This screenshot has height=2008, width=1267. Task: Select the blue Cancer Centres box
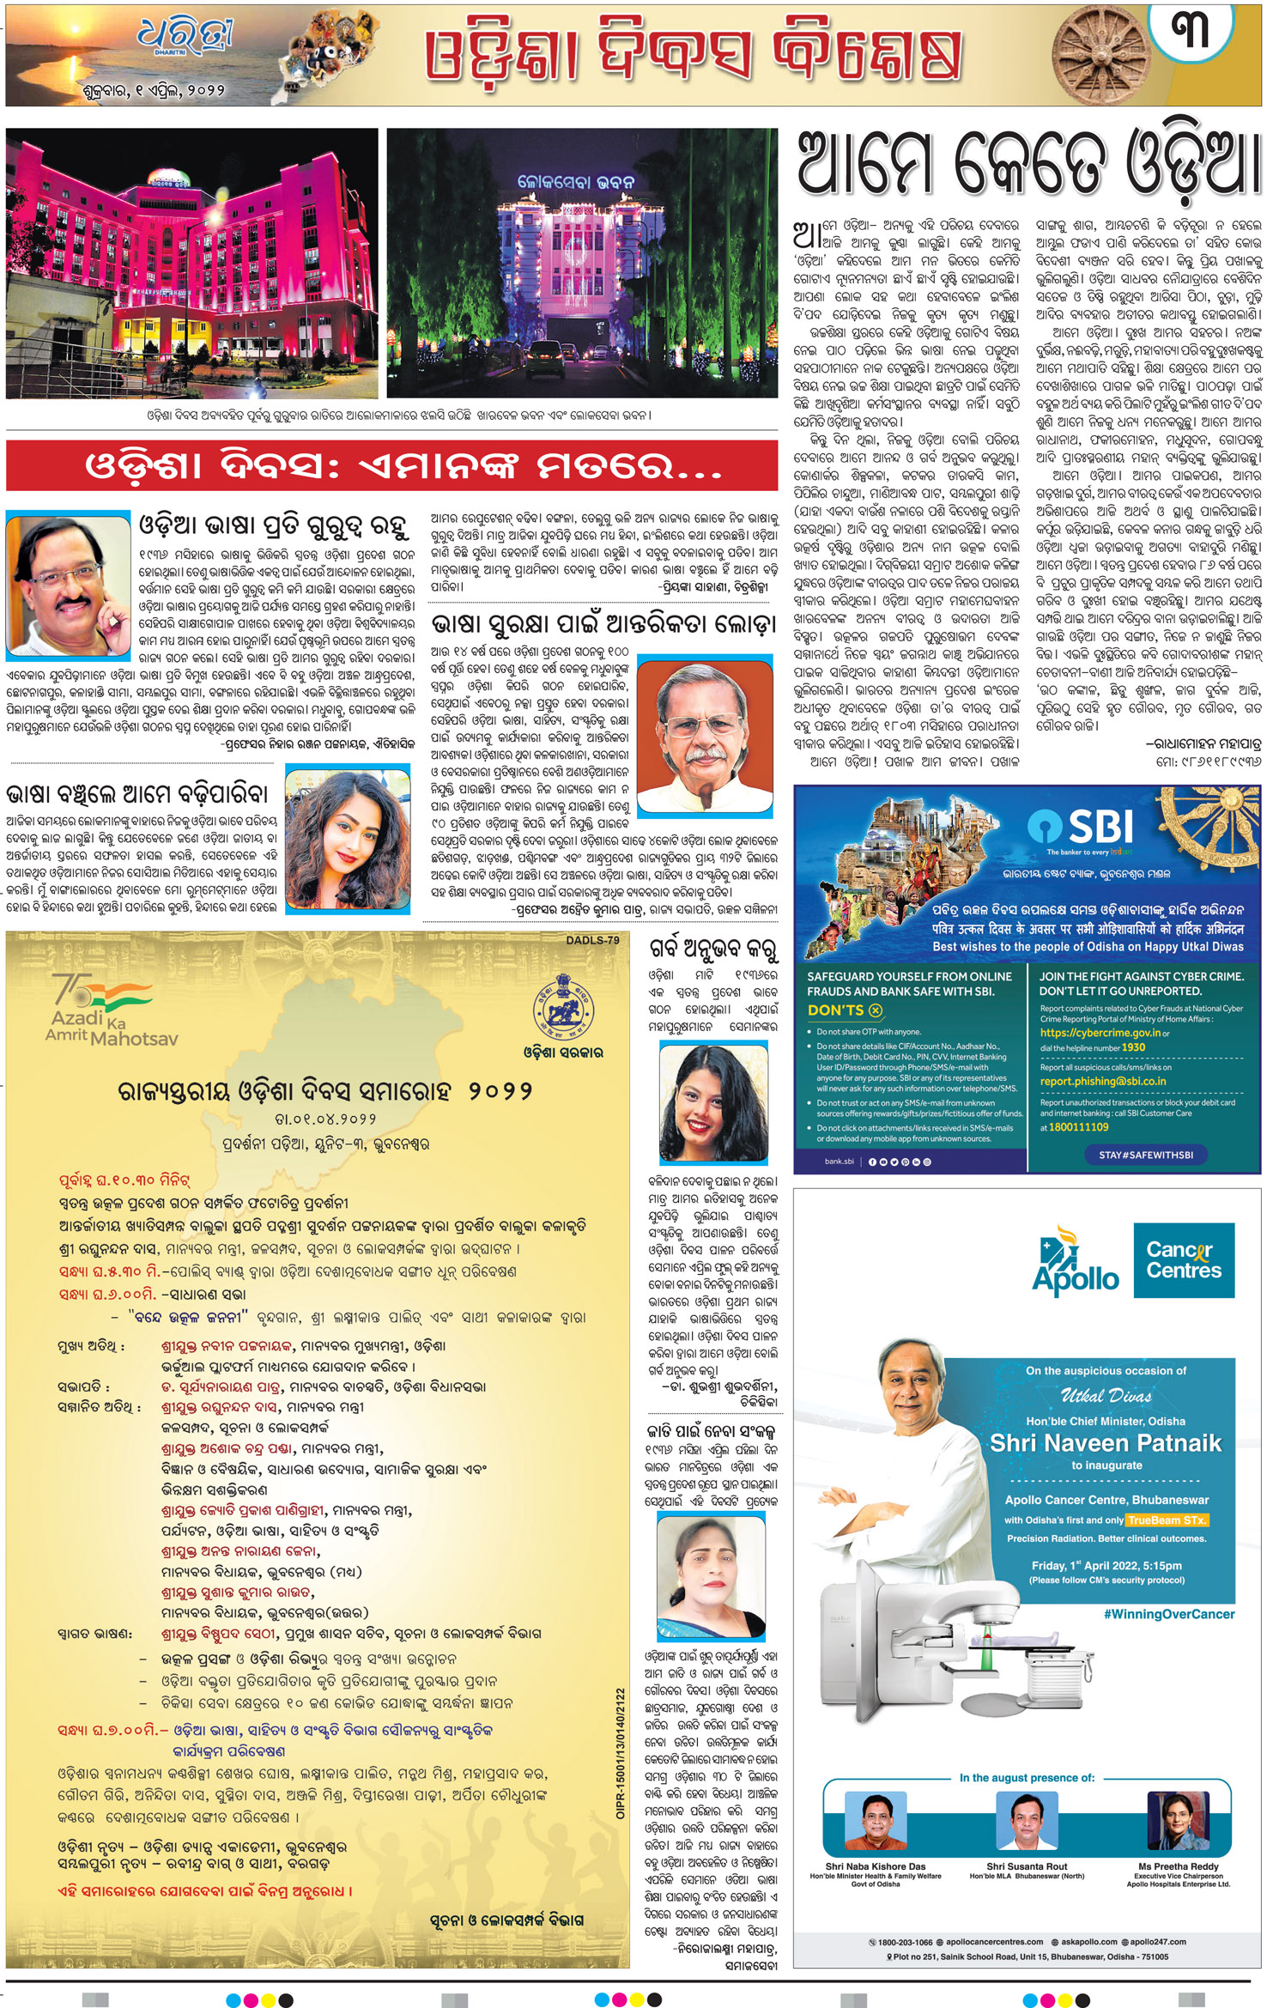(x=1184, y=1259)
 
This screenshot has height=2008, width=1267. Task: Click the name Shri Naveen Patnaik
(x=1106, y=1441)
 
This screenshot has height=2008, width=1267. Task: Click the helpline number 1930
(x=1133, y=1047)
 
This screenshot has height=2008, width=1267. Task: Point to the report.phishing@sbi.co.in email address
(x=1103, y=1081)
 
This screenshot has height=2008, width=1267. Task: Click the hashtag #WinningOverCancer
(x=1169, y=1614)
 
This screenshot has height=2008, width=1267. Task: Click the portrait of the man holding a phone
(x=68, y=585)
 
